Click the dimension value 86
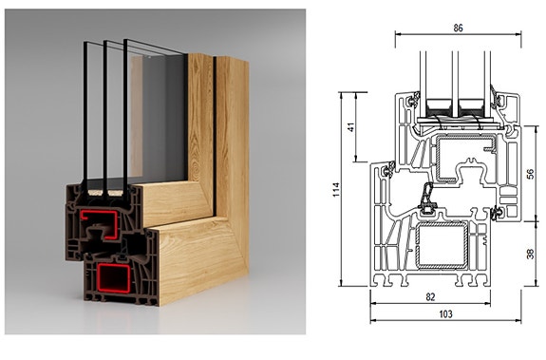(458, 28)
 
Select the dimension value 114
(336, 190)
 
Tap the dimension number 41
(351, 127)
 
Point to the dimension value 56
(530, 174)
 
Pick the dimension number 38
(530, 255)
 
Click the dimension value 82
(430, 296)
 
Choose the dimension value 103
(445, 314)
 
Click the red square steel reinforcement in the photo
(114, 277)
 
